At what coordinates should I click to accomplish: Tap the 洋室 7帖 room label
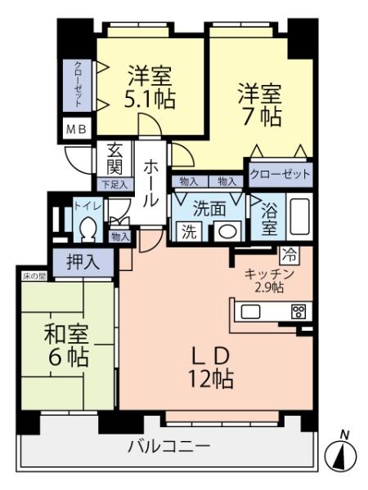[x=260, y=103]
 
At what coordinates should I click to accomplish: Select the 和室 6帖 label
[x=67, y=345]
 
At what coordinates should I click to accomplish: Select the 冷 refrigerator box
[x=289, y=254]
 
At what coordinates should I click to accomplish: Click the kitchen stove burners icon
[x=298, y=311]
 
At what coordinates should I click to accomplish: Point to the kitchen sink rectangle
[x=250, y=311]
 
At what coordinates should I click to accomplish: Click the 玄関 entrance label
[x=114, y=161]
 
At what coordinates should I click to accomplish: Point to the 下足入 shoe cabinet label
[x=114, y=185]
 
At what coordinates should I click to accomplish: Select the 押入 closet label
[x=83, y=262]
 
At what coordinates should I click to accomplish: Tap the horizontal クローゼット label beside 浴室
[x=280, y=175]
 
